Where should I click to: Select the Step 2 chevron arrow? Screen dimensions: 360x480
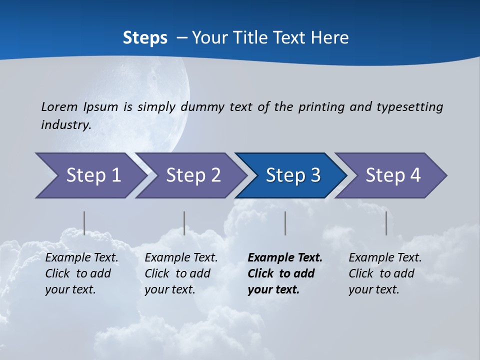click(193, 175)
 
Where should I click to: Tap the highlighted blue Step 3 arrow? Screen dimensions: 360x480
click(293, 175)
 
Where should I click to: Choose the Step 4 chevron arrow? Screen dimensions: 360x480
click(393, 175)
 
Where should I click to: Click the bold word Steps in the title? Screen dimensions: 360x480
click(145, 38)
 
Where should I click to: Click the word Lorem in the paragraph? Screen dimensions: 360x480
click(59, 106)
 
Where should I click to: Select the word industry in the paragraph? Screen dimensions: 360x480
click(66, 124)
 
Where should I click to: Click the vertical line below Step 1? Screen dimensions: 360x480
click(84, 223)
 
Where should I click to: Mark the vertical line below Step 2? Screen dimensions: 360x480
click(184, 223)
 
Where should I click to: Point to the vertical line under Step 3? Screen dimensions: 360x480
click(285, 223)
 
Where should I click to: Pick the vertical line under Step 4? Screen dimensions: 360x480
click(386, 223)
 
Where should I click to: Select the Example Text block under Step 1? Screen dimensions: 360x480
click(81, 273)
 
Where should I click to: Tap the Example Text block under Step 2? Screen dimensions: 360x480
click(181, 273)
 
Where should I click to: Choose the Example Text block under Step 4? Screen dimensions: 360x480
click(385, 273)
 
